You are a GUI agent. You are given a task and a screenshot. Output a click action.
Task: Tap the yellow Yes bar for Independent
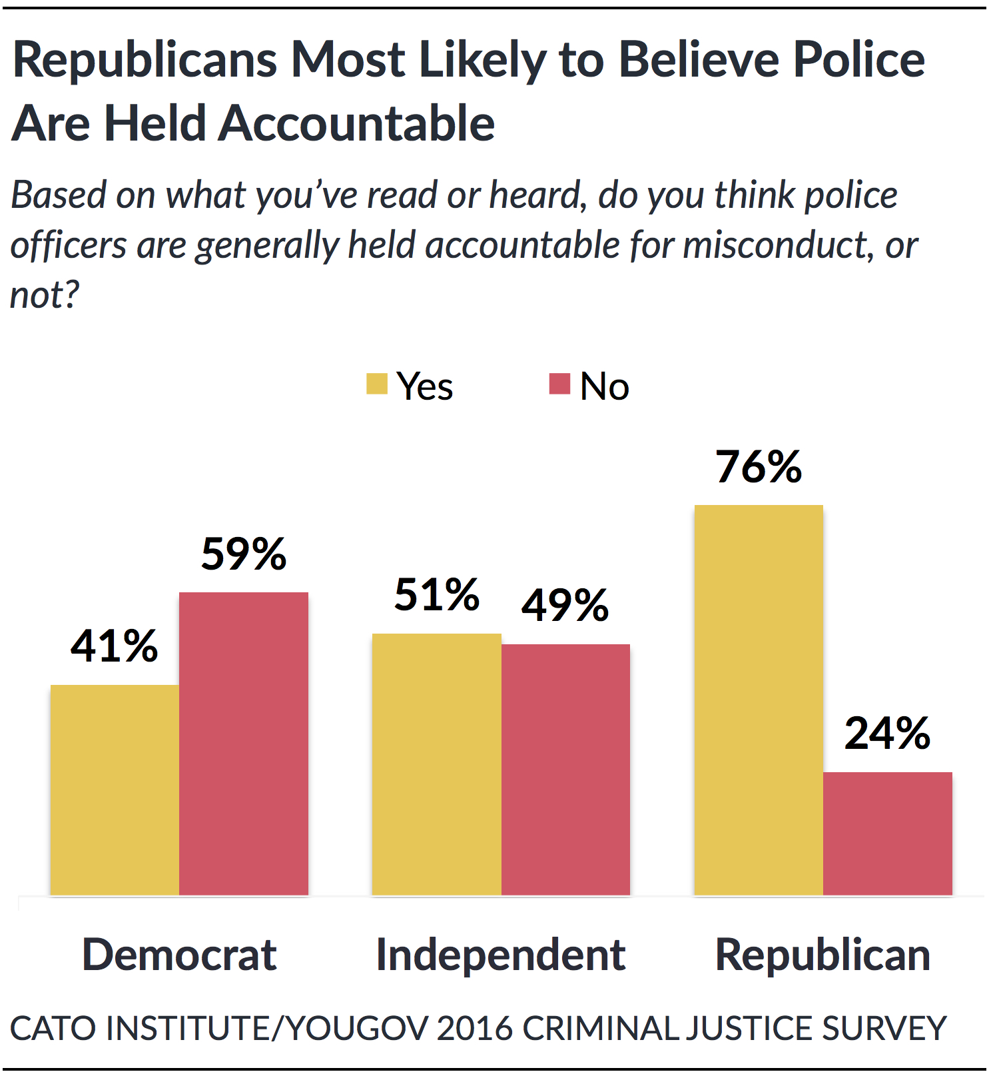[x=436, y=764]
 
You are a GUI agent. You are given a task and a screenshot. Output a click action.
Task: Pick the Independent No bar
[x=565, y=770]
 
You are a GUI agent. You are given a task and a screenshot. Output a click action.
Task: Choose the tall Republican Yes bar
[x=759, y=700]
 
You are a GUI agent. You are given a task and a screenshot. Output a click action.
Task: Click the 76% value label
[x=759, y=467]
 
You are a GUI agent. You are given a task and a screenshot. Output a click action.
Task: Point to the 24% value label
[x=887, y=734]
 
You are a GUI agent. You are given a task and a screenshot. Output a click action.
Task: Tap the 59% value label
[x=244, y=554]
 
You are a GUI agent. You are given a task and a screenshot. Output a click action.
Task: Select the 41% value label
[x=115, y=646]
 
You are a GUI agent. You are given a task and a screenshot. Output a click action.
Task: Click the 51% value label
[x=436, y=594]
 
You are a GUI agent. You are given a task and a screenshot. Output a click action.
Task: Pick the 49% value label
[x=565, y=605]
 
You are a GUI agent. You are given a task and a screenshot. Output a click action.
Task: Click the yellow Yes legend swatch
[x=377, y=384]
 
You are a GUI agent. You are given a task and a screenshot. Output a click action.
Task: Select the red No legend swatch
[x=559, y=384]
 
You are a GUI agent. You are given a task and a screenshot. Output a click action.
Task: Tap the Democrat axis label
[x=179, y=954]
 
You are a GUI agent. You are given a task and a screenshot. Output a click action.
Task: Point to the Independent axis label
[x=501, y=954]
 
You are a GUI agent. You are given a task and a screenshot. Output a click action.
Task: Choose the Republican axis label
[x=823, y=954]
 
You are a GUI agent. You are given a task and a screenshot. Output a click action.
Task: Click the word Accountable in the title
[x=356, y=124]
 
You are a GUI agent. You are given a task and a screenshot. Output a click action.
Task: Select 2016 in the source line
[x=475, y=1027]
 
